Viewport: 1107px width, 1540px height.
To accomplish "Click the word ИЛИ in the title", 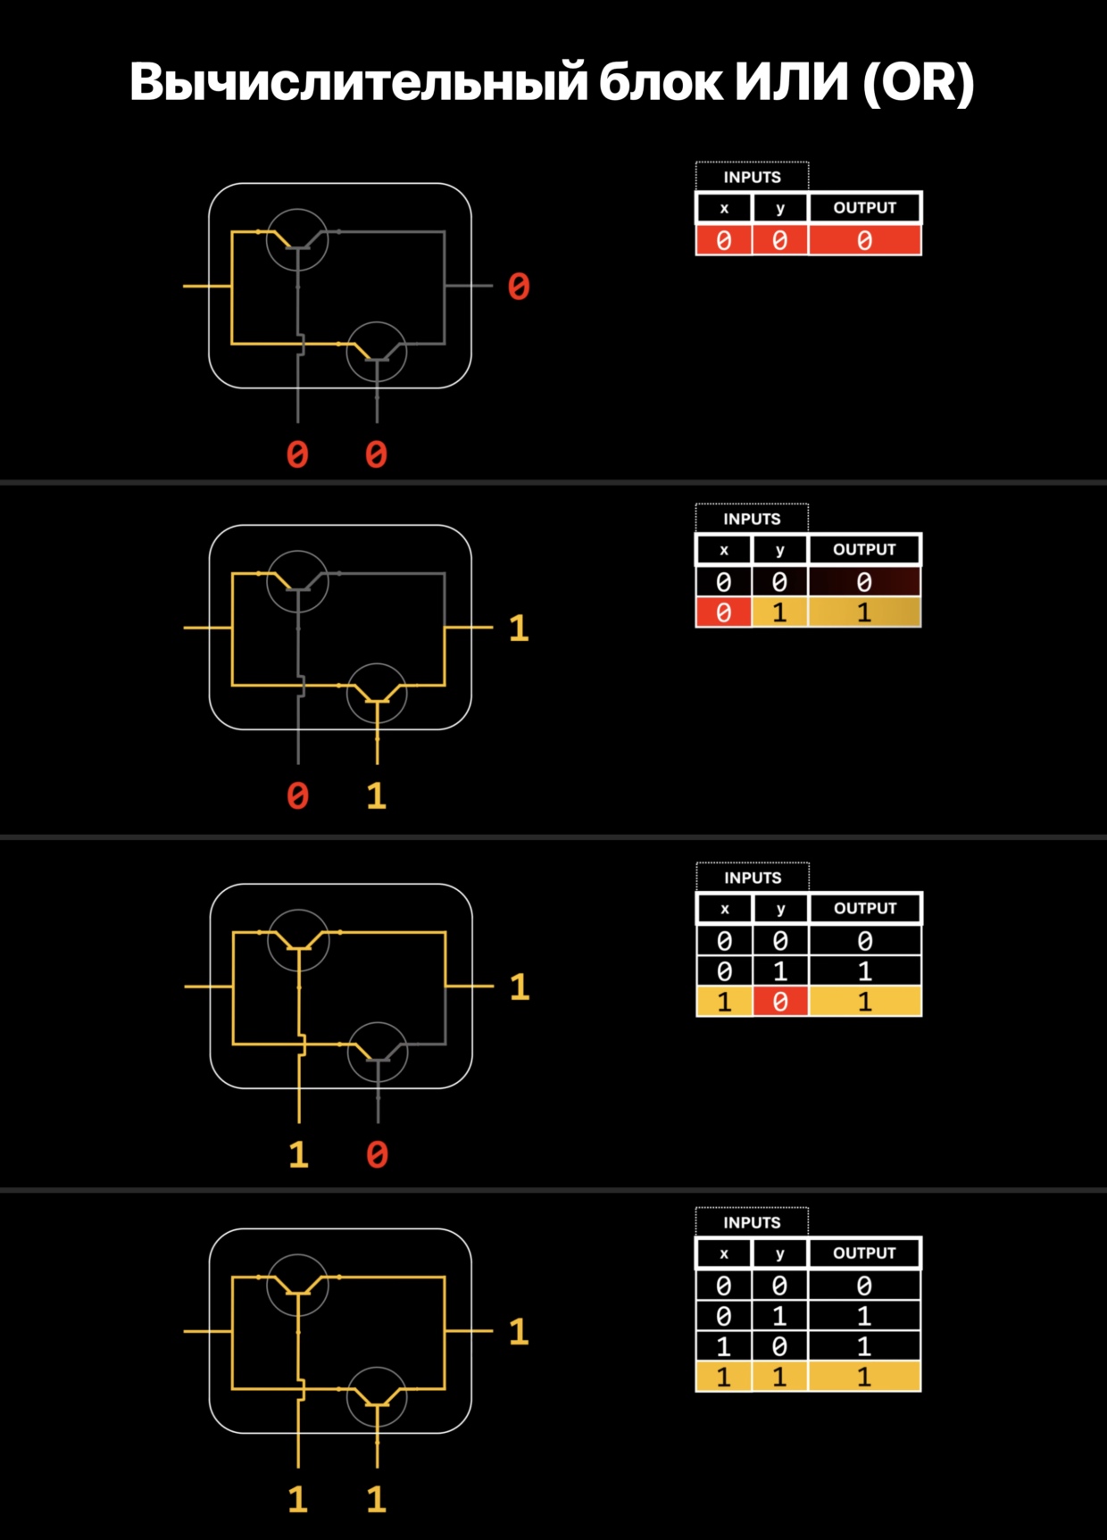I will pos(791,82).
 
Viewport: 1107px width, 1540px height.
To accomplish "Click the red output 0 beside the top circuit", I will pos(519,287).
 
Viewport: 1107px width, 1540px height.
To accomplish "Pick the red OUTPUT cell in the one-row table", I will pos(864,240).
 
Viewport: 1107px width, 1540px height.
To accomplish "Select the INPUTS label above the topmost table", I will pos(752,177).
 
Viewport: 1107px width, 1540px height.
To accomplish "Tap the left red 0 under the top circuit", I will pos(297,454).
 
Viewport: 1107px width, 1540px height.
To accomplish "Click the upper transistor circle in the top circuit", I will pos(298,239).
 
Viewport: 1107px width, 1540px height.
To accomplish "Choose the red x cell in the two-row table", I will pos(723,612).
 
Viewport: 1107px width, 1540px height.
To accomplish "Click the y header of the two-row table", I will pos(779,550).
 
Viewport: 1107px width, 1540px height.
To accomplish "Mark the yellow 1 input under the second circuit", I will pos(377,795).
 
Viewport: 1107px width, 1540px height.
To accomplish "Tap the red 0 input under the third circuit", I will pos(377,1154).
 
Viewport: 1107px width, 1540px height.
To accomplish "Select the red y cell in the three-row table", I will pos(779,1002).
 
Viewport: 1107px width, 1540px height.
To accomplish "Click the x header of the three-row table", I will pos(724,909).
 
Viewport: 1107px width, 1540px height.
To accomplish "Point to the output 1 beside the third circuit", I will pos(520,986).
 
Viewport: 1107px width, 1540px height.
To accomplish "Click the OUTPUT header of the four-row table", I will pos(864,1253).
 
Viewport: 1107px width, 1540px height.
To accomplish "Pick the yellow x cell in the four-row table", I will pos(723,1377).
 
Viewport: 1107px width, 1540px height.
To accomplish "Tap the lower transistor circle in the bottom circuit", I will pos(377,1395).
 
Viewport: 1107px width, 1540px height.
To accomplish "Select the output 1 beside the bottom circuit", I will pos(519,1331).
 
